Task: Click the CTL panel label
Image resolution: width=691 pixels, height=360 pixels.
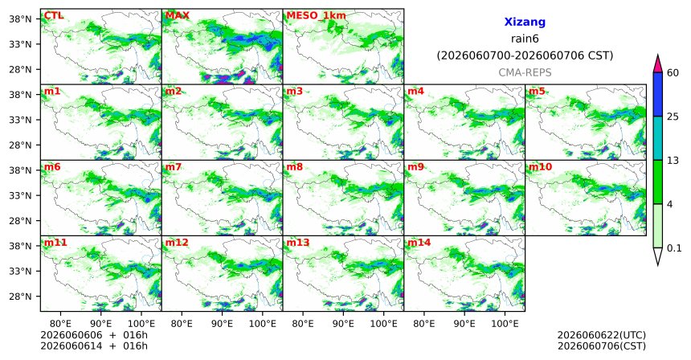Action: (53, 16)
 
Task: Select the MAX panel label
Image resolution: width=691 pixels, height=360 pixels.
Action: (177, 16)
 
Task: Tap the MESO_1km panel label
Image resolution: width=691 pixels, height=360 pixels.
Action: (316, 16)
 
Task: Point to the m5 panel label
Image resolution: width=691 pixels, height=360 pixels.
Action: (537, 92)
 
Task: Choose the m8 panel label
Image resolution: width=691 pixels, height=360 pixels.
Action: (294, 167)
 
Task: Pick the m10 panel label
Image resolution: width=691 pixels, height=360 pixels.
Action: (540, 167)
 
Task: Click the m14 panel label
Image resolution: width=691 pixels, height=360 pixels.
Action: (419, 243)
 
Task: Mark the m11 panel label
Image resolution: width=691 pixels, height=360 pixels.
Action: (55, 243)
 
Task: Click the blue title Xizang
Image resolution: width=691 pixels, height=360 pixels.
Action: (525, 22)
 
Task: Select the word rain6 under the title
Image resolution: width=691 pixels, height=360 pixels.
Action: (525, 39)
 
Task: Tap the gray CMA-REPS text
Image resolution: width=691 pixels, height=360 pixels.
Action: (525, 72)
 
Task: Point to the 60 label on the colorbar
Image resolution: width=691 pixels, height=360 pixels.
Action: (673, 72)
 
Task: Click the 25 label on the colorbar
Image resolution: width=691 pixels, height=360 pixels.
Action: (673, 117)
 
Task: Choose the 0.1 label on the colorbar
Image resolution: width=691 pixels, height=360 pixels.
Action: (674, 248)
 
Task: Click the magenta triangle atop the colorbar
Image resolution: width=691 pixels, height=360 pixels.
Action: (658, 64)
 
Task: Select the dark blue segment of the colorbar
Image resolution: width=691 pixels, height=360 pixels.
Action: (658, 94)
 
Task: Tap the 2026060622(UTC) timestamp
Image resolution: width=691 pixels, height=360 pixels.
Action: (602, 336)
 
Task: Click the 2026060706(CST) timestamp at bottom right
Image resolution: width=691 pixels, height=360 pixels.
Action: (602, 346)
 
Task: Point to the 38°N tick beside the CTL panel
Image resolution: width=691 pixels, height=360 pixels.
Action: (20, 19)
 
